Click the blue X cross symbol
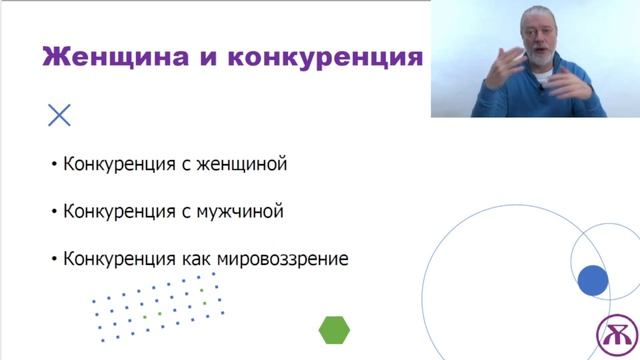pos(59,115)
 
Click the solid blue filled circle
pos(593,281)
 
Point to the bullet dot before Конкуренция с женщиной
pos(54,165)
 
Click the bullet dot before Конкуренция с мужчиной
pos(54,212)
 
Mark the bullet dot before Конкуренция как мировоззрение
pos(54,259)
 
